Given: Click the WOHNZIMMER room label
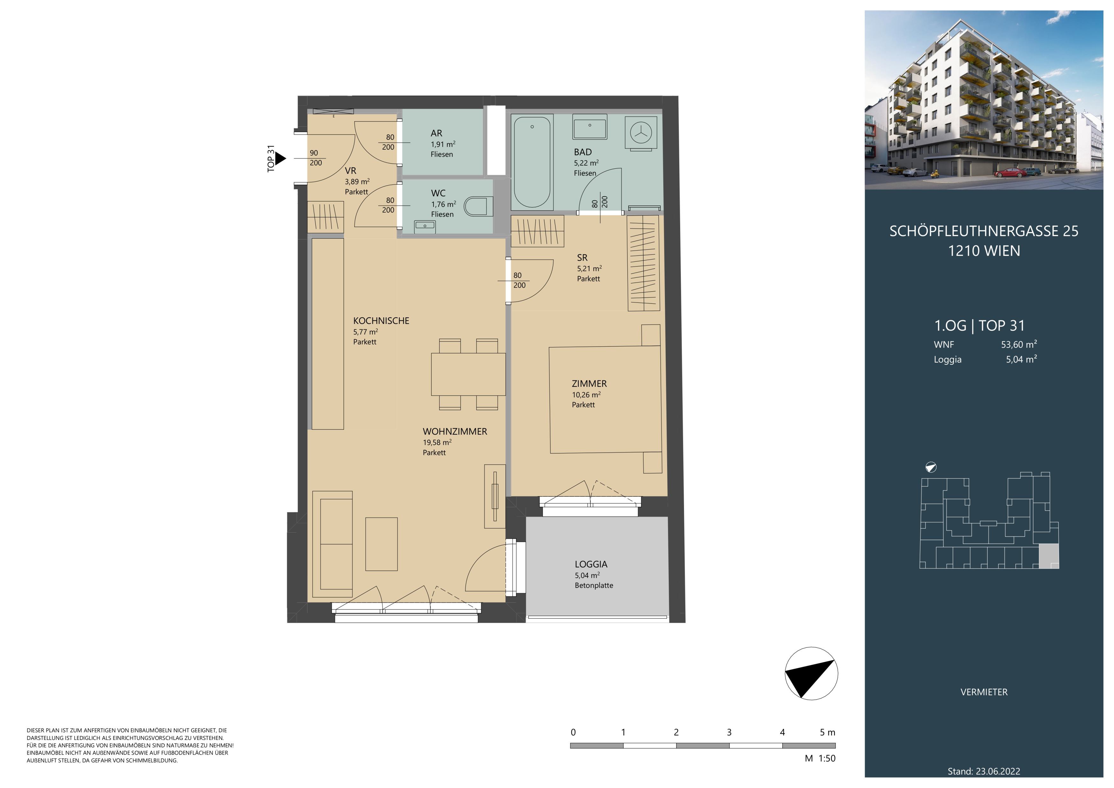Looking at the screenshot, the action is click(x=455, y=431).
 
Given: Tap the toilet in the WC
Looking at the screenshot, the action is click(x=478, y=206).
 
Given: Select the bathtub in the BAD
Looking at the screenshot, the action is click(x=532, y=161).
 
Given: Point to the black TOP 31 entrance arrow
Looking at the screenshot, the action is click(x=280, y=158).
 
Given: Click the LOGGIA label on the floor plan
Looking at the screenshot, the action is click(x=591, y=564).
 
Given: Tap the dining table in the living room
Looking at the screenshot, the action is click(x=468, y=374).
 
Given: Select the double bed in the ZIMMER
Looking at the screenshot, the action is click(x=605, y=399).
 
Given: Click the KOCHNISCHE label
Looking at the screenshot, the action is click(x=381, y=321).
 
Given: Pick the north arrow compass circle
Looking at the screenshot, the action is click(x=811, y=673).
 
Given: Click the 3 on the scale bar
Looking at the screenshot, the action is click(x=729, y=732).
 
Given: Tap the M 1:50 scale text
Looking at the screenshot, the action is click(x=820, y=758).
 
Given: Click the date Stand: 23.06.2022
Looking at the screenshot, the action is click(x=984, y=771).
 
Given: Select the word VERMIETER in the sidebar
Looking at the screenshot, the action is click(x=984, y=692).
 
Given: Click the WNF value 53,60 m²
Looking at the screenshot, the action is click(x=1019, y=344).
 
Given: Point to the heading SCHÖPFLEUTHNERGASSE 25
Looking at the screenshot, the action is click(x=984, y=231).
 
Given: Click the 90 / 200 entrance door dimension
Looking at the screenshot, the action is click(x=315, y=158).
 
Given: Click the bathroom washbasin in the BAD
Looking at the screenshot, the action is click(x=589, y=128).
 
